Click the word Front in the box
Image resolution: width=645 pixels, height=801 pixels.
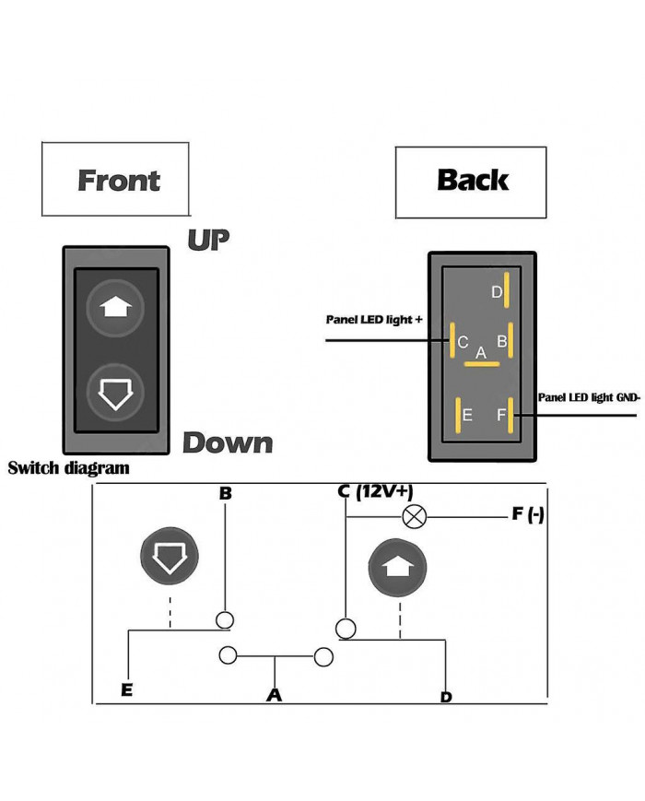(x=119, y=181)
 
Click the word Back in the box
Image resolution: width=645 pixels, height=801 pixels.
(x=473, y=179)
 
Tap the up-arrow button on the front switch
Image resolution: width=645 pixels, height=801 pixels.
(x=115, y=309)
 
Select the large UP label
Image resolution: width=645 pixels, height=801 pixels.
(x=208, y=240)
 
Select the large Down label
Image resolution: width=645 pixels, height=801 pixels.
(x=228, y=442)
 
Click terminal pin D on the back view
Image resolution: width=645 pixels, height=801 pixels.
(x=507, y=291)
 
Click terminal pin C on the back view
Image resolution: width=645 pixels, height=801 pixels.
(x=452, y=341)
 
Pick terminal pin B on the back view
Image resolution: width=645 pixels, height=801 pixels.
(x=510, y=341)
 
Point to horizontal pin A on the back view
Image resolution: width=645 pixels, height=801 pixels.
(x=481, y=363)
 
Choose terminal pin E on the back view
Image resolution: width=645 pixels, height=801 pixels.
(x=456, y=416)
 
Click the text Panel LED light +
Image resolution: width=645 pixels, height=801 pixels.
(x=374, y=320)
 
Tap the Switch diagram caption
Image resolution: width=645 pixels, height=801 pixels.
(x=68, y=468)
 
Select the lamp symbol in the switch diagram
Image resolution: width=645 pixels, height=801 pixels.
(x=415, y=517)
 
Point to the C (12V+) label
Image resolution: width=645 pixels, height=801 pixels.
(x=375, y=492)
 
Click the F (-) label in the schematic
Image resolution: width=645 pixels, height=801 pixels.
(x=528, y=514)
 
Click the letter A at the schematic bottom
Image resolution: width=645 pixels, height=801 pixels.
(x=274, y=695)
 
